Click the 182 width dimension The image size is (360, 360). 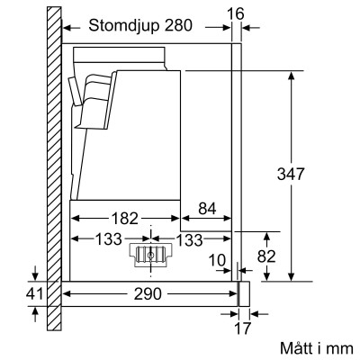tap(127, 217)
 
